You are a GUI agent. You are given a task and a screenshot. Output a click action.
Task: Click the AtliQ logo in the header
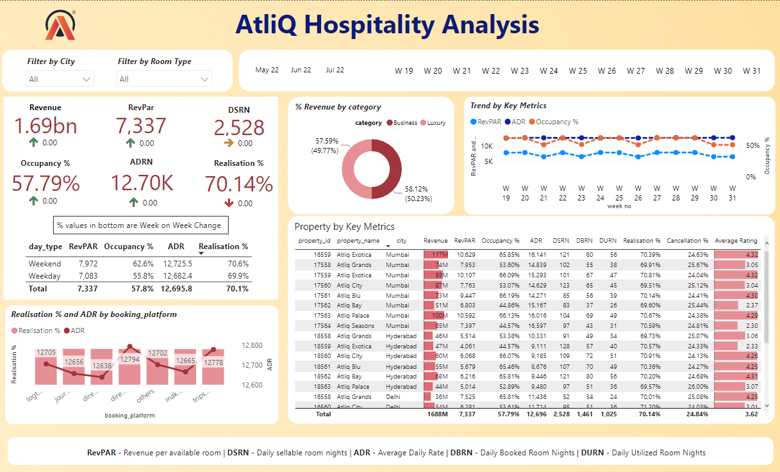(62, 26)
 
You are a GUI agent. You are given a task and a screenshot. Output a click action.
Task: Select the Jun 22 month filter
(301, 70)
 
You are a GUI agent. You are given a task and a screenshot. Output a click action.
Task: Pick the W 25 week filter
(577, 71)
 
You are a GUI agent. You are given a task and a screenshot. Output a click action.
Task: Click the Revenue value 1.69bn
(46, 126)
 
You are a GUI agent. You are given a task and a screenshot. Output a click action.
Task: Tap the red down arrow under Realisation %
(229, 204)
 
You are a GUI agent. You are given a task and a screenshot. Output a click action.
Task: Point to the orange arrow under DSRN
(229, 143)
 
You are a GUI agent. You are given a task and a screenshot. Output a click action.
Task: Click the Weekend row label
(45, 264)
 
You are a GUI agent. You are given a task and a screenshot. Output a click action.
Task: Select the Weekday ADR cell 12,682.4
(178, 275)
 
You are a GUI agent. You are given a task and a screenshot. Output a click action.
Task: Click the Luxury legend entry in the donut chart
(432, 123)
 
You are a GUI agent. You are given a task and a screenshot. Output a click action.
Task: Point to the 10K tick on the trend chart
(487, 147)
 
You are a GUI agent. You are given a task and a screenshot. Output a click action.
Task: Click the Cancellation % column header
(687, 241)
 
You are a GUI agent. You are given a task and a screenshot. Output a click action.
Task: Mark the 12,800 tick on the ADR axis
(253, 345)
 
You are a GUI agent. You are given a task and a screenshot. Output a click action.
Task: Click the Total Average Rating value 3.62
(751, 414)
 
